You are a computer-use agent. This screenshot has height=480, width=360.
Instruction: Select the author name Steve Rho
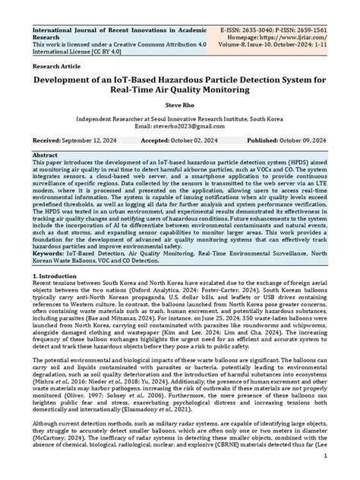pos(179,106)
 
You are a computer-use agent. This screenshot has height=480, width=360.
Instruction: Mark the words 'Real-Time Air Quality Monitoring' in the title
pos(179,92)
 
